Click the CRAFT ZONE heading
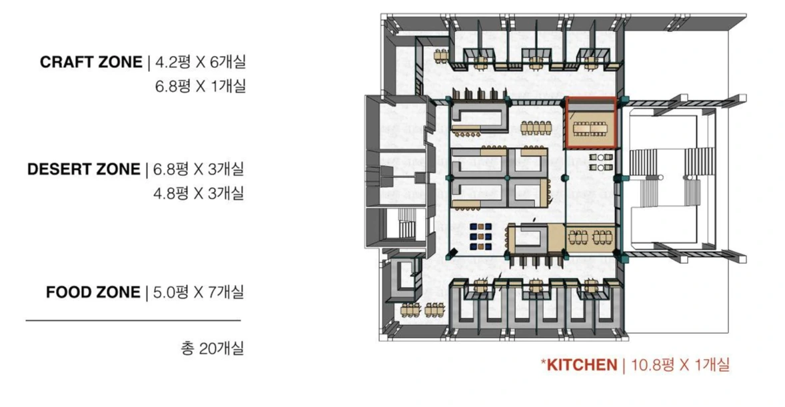(x=91, y=62)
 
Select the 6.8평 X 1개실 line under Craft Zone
(x=201, y=86)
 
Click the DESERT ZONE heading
(x=83, y=169)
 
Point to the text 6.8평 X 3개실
(x=199, y=169)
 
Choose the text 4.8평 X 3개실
(x=199, y=193)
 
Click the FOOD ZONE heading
(x=93, y=292)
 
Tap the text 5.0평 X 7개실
(x=199, y=292)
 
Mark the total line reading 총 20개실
(x=213, y=348)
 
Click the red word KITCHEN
(x=582, y=365)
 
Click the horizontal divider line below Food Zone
(x=133, y=320)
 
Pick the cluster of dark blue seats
(x=480, y=236)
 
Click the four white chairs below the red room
(x=601, y=163)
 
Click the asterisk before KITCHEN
(x=543, y=362)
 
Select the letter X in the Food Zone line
(x=199, y=293)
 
